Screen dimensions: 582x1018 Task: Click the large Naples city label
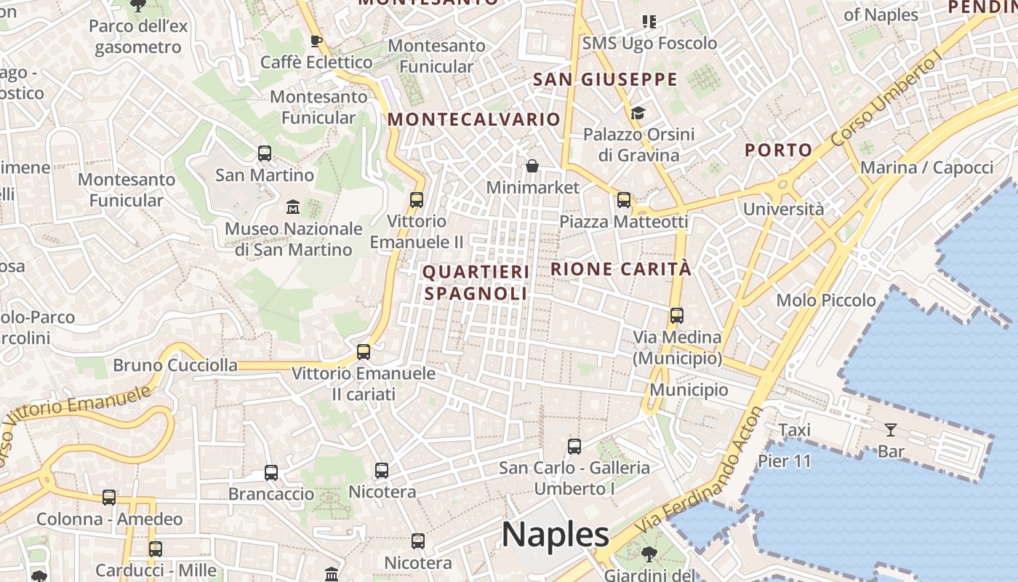click(556, 535)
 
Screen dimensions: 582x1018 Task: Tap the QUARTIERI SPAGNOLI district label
click(476, 282)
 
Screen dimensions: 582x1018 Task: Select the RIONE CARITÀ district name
click(621, 268)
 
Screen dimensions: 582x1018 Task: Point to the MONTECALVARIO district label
click(475, 119)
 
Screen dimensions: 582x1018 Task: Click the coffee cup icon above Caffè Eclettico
click(316, 41)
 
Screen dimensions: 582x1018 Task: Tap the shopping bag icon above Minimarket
click(532, 166)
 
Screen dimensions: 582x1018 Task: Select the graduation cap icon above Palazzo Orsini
click(638, 113)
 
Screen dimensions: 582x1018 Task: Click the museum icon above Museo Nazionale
click(293, 207)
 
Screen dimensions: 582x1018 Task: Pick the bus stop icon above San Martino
click(265, 154)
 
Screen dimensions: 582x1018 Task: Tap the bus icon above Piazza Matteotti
click(623, 200)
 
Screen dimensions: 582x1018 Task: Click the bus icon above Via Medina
click(677, 316)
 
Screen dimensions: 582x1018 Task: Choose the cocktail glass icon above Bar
click(891, 429)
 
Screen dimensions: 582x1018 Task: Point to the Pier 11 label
click(785, 461)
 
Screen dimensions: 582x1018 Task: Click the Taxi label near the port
click(795, 430)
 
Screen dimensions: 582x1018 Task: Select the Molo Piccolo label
click(826, 300)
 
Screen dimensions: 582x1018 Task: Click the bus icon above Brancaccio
click(271, 473)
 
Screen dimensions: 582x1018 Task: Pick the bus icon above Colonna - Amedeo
click(109, 498)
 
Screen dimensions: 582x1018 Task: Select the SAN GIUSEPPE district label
click(605, 79)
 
